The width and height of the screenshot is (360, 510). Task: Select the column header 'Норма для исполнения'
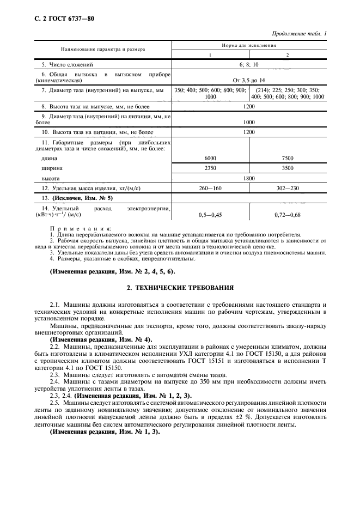pos(249,46)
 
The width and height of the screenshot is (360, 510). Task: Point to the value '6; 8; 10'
pos(249,64)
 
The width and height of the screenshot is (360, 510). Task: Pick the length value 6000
pos(210,158)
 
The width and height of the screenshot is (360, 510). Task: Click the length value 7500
pos(288,158)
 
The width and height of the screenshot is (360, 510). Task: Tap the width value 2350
pos(210,168)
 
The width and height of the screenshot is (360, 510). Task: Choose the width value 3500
pos(288,168)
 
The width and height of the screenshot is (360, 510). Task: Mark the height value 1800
pos(249,178)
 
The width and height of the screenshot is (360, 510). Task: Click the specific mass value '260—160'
pos(210,188)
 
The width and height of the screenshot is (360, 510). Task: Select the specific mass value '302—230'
pos(288,188)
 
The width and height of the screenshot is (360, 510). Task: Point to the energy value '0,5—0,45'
pos(210,215)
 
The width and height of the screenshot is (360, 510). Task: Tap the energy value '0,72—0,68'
pos(288,215)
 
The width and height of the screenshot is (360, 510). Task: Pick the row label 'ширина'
pos(52,168)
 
